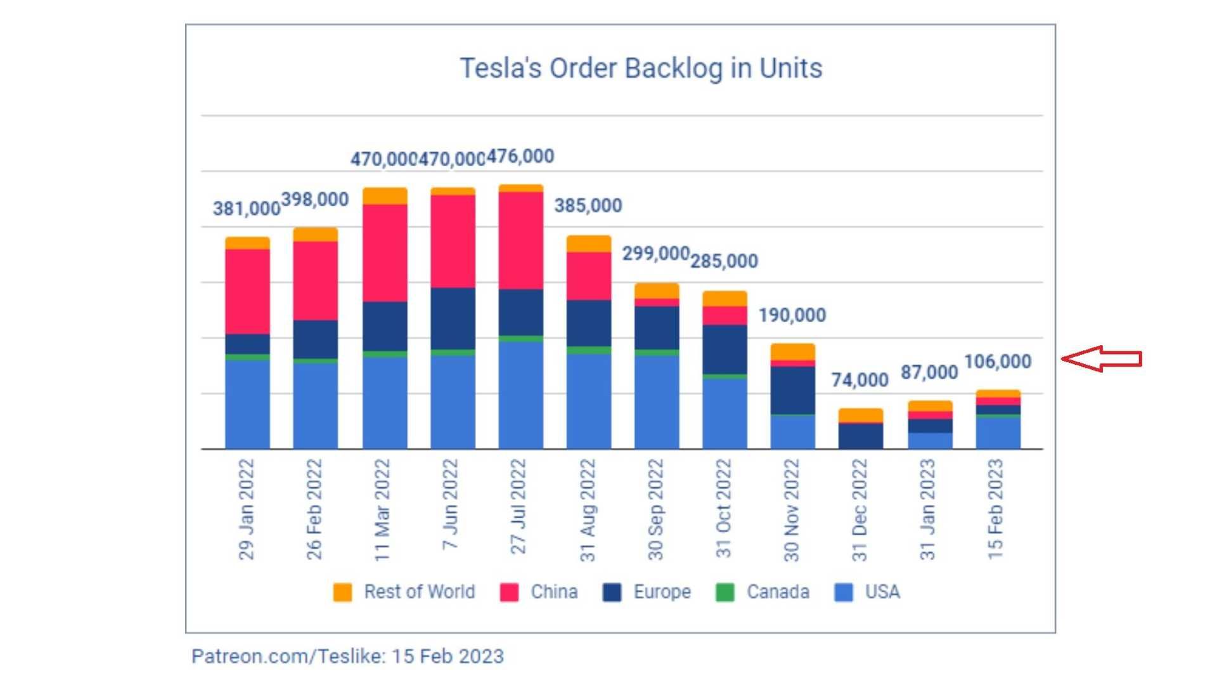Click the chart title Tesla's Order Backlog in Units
[641, 68]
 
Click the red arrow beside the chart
[1102, 359]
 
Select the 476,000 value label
[520, 156]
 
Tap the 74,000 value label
[860, 380]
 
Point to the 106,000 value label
[998, 362]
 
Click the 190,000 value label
[792, 315]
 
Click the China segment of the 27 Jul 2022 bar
[520, 240]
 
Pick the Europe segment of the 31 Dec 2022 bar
[860, 436]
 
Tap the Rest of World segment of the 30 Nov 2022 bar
[792, 352]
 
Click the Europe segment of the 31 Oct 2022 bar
[724, 349]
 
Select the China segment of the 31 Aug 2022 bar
[588, 276]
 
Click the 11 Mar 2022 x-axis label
[382, 510]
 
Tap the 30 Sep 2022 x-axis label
[655, 510]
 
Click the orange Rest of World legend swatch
[342, 592]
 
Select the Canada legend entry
[763, 592]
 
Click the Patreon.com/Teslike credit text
[347, 656]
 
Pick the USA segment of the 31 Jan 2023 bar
[930, 441]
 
